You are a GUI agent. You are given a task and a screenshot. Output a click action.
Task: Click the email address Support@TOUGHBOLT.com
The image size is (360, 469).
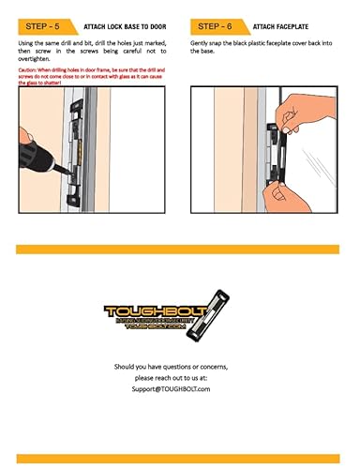point(180,386)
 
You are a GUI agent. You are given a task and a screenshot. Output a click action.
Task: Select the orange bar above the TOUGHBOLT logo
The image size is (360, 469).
point(180,250)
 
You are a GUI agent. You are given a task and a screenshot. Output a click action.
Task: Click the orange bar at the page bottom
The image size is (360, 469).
point(180,459)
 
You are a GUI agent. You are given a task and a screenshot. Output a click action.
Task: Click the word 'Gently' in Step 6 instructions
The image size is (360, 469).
point(201,44)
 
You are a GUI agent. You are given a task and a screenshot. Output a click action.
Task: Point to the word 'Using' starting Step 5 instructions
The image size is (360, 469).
point(27,44)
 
